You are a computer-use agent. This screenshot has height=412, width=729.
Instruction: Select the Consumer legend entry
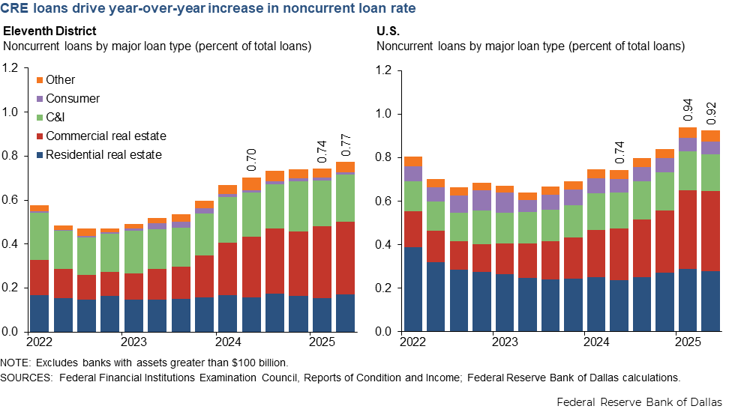[72, 99]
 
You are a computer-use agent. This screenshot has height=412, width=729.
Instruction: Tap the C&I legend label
[56, 118]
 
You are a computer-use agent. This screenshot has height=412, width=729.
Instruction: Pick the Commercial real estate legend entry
[106, 136]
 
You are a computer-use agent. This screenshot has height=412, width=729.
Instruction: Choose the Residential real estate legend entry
[103, 155]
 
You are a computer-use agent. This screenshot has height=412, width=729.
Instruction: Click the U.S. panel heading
[388, 31]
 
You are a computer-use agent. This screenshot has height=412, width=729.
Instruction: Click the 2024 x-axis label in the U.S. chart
[596, 342]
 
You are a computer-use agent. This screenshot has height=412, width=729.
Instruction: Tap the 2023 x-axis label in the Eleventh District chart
[133, 342]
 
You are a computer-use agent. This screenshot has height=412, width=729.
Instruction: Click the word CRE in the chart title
[16, 9]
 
